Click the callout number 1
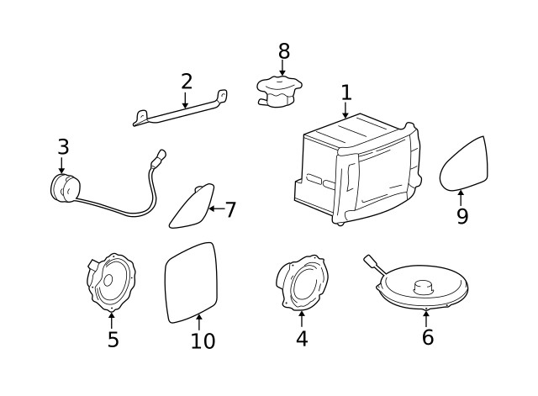[345, 92]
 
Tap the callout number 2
[186, 82]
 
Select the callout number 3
[63, 147]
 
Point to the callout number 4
[302, 338]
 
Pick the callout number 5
[113, 339]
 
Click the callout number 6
[427, 337]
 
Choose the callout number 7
[230, 209]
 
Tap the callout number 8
[283, 50]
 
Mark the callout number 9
[462, 216]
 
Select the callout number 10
[203, 341]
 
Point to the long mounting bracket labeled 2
[181, 110]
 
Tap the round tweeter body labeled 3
[64, 188]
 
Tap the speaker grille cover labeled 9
[465, 164]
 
